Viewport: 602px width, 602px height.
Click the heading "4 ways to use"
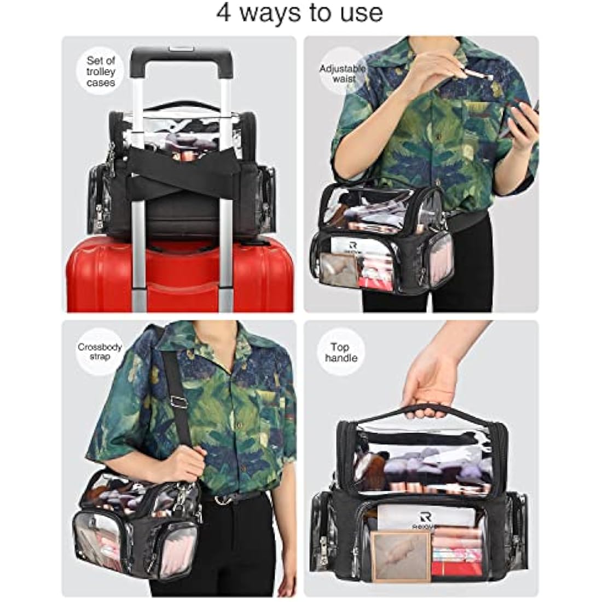[x=299, y=13]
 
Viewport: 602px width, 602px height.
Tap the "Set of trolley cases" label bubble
[x=101, y=72]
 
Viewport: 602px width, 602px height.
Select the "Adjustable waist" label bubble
[x=343, y=73]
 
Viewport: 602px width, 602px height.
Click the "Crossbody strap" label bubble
[x=100, y=351]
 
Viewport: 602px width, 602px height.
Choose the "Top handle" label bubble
[x=340, y=352]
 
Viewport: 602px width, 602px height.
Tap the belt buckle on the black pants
[x=222, y=499]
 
